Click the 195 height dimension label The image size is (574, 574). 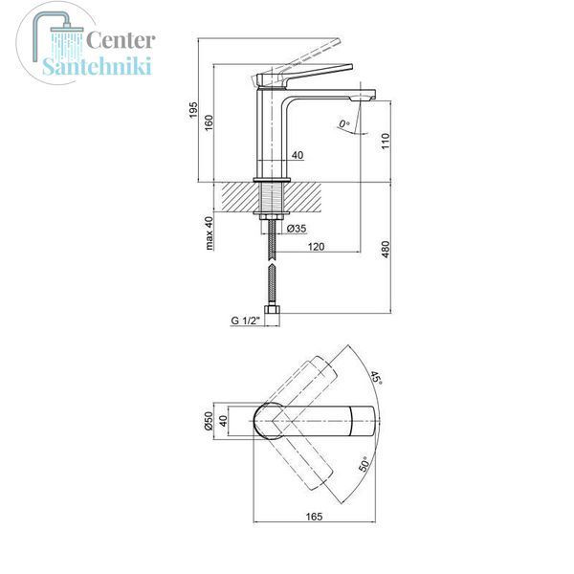point(193,110)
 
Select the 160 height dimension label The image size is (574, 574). point(209,123)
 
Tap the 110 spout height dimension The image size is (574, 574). point(386,142)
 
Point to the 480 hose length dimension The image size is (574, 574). point(386,250)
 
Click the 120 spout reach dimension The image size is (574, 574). point(316,247)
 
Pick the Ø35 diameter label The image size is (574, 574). point(297,229)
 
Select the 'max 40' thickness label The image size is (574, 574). point(209,233)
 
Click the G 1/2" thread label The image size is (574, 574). point(245,320)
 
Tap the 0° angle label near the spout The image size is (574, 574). point(343,123)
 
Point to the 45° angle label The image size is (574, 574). point(376,378)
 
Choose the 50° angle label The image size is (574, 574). point(364,464)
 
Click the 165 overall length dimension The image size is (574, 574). point(314,517)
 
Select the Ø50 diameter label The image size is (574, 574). point(209,421)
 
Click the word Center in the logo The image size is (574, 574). point(121,40)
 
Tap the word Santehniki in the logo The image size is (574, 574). point(97,66)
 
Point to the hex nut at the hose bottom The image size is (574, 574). point(273,310)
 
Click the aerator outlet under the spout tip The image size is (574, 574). point(363,99)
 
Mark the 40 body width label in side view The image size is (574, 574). point(298,155)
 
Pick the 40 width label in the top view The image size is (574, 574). point(223,421)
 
